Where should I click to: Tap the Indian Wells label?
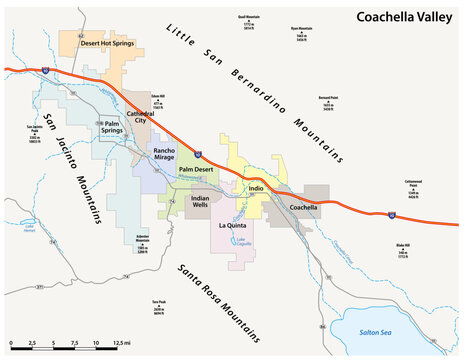tap(206, 202)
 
